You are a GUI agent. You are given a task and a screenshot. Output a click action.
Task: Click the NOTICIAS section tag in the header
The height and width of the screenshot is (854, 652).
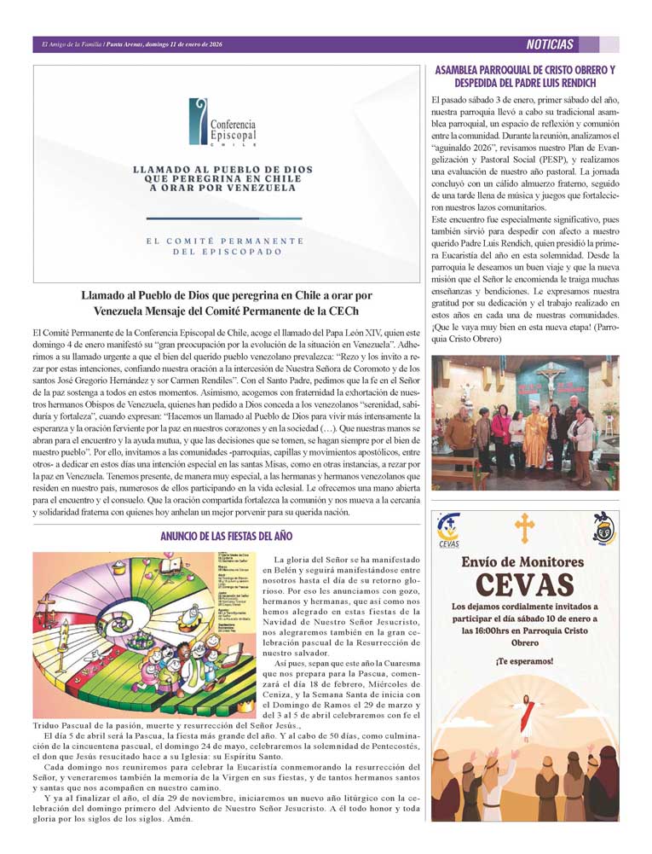click(x=550, y=44)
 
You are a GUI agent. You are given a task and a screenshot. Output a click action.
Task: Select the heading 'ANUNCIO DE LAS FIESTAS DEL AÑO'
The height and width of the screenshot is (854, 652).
click(x=227, y=537)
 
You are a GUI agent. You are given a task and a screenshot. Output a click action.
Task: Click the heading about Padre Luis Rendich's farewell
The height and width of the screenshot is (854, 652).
click(x=525, y=77)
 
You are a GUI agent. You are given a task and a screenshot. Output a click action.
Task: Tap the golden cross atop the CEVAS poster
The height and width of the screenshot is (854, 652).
click(x=525, y=529)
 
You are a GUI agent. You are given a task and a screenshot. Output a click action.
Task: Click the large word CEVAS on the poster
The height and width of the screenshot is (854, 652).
click(x=524, y=584)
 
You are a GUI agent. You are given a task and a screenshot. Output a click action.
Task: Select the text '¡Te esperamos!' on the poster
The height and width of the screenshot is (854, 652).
click(x=525, y=661)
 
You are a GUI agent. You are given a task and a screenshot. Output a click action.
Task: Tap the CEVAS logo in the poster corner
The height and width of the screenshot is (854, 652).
click(x=448, y=530)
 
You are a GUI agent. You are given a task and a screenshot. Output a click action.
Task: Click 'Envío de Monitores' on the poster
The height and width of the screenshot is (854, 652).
click(x=524, y=561)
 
